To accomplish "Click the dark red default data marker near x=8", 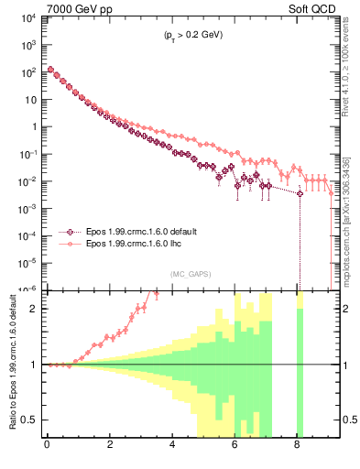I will point(299,194).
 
